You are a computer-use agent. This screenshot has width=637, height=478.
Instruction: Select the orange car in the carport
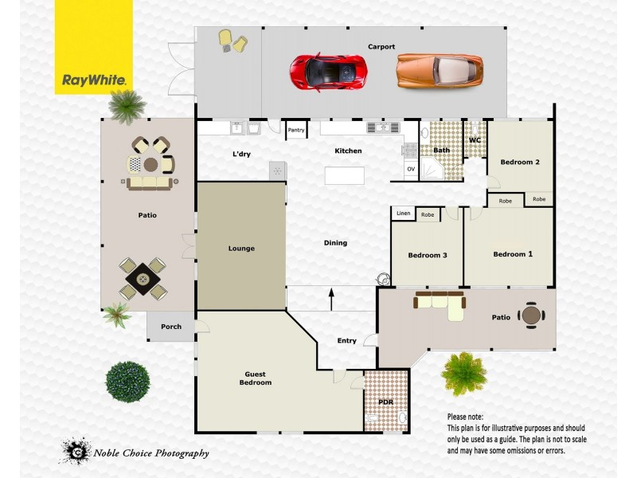point(440,71)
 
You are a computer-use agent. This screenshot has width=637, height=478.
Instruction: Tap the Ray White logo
point(94,80)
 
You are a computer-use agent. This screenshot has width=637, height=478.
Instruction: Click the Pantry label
point(296,130)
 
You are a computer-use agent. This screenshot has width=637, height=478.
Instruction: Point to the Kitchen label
point(348,151)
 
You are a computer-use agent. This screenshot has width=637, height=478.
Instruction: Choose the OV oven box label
point(411,169)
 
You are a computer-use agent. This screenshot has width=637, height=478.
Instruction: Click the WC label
point(475,140)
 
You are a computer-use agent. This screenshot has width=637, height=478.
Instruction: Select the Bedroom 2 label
point(520,163)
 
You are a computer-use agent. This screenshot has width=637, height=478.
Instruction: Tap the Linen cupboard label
point(403,214)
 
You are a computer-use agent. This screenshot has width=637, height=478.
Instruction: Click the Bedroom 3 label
point(428,256)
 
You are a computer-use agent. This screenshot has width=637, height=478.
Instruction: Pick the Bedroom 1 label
point(513,255)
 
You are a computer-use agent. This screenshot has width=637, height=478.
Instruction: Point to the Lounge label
point(241,249)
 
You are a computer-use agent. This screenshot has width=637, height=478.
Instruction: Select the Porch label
point(171,327)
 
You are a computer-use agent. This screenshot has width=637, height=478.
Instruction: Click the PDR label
point(387,403)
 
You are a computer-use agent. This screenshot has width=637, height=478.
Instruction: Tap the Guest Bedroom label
point(255,378)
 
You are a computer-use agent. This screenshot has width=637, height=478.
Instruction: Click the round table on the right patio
point(531,315)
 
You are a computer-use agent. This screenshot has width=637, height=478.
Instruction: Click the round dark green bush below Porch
point(127,382)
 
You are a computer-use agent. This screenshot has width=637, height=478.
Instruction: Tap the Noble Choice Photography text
point(151,453)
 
